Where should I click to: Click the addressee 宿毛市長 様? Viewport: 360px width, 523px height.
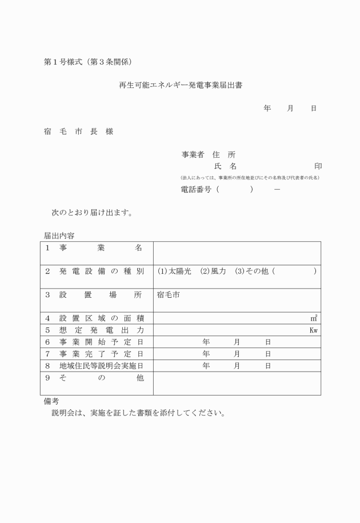[78, 131]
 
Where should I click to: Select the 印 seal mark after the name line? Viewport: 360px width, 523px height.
[318, 166]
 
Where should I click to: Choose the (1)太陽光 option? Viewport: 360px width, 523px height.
[174, 271]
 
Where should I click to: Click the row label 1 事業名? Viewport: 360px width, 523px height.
[94, 249]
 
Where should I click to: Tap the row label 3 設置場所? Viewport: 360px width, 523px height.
[94, 296]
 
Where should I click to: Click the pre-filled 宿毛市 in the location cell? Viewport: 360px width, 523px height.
[168, 296]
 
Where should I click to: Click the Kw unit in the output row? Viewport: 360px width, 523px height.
[313, 330]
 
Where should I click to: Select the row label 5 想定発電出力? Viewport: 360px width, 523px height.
[94, 330]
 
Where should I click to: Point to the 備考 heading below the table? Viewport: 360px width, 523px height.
[51, 402]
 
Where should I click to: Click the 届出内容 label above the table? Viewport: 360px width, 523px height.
[59, 235]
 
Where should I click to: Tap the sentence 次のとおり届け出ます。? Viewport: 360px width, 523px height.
[92, 213]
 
